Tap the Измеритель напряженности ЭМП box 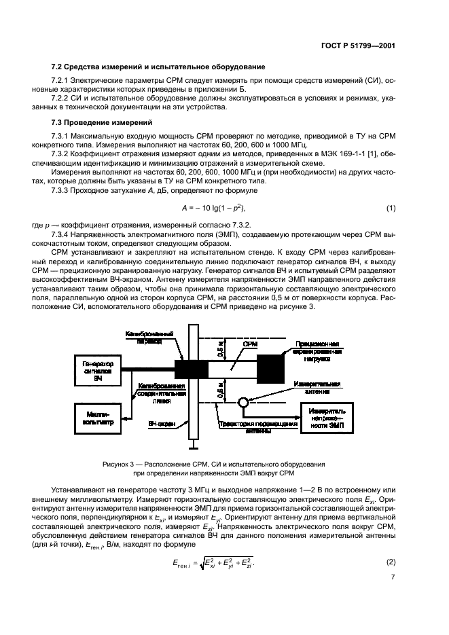coord(331,416)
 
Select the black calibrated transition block coord(193,369)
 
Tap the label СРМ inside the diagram coord(249,346)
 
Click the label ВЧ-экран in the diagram coord(162,423)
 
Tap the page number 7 coord(393,577)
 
